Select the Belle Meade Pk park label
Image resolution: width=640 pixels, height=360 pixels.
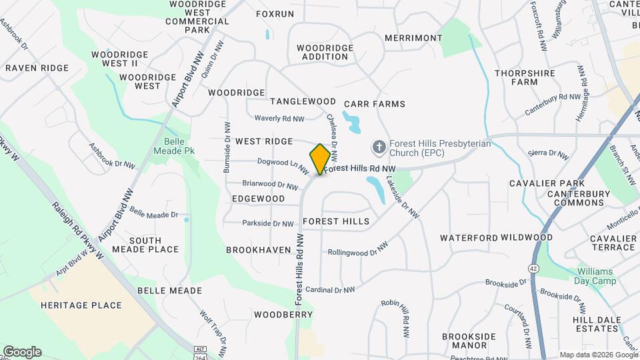click(x=179, y=146)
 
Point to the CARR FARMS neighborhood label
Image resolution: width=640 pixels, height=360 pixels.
click(x=375, y=104)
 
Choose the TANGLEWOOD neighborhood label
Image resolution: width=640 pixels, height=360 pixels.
click(x=303, y=101)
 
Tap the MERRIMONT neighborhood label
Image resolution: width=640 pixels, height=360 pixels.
click(x=413, y=38)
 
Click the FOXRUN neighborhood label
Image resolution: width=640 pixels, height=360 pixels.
click(x=275, y=13)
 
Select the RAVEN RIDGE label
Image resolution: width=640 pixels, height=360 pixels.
click(x=37, y=68)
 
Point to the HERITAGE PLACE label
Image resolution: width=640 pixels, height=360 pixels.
click(x=81, y=305)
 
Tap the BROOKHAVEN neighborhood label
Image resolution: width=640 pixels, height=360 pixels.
click(x=258, y=250)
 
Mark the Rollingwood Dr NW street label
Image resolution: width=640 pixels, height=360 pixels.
click(x=357, y=250)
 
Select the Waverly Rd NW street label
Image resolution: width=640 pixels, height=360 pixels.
click(x=279, y=119)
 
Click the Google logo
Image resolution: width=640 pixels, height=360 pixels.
click(x=22, y=352)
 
